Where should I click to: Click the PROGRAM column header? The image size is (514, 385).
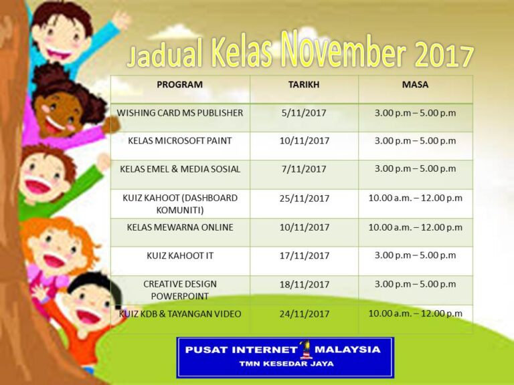coord(179,84)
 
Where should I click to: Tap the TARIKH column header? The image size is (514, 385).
coord(304,84)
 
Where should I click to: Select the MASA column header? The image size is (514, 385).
coord(415,84)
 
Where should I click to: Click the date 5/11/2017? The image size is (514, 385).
coord(304,113)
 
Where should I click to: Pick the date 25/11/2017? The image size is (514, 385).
coord(305,199)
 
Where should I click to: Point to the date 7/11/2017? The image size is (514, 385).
coord(304,169)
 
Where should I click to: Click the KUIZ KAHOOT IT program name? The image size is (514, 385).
coord(180,256)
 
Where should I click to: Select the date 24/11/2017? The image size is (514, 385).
coord(305,314)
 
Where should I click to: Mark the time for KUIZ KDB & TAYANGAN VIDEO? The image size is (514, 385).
coord(416,313)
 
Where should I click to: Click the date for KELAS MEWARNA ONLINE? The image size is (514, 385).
coord(305,227)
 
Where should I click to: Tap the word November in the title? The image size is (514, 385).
coord(343,51)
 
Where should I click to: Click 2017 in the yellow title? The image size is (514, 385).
coord(444,55)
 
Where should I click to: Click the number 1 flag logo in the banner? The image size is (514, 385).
coord(306,350)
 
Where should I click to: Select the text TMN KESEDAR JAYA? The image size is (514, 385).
coord(286,364)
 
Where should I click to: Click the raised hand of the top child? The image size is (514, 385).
coord(120,20)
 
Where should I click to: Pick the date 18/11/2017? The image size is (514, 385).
coord(305,285)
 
